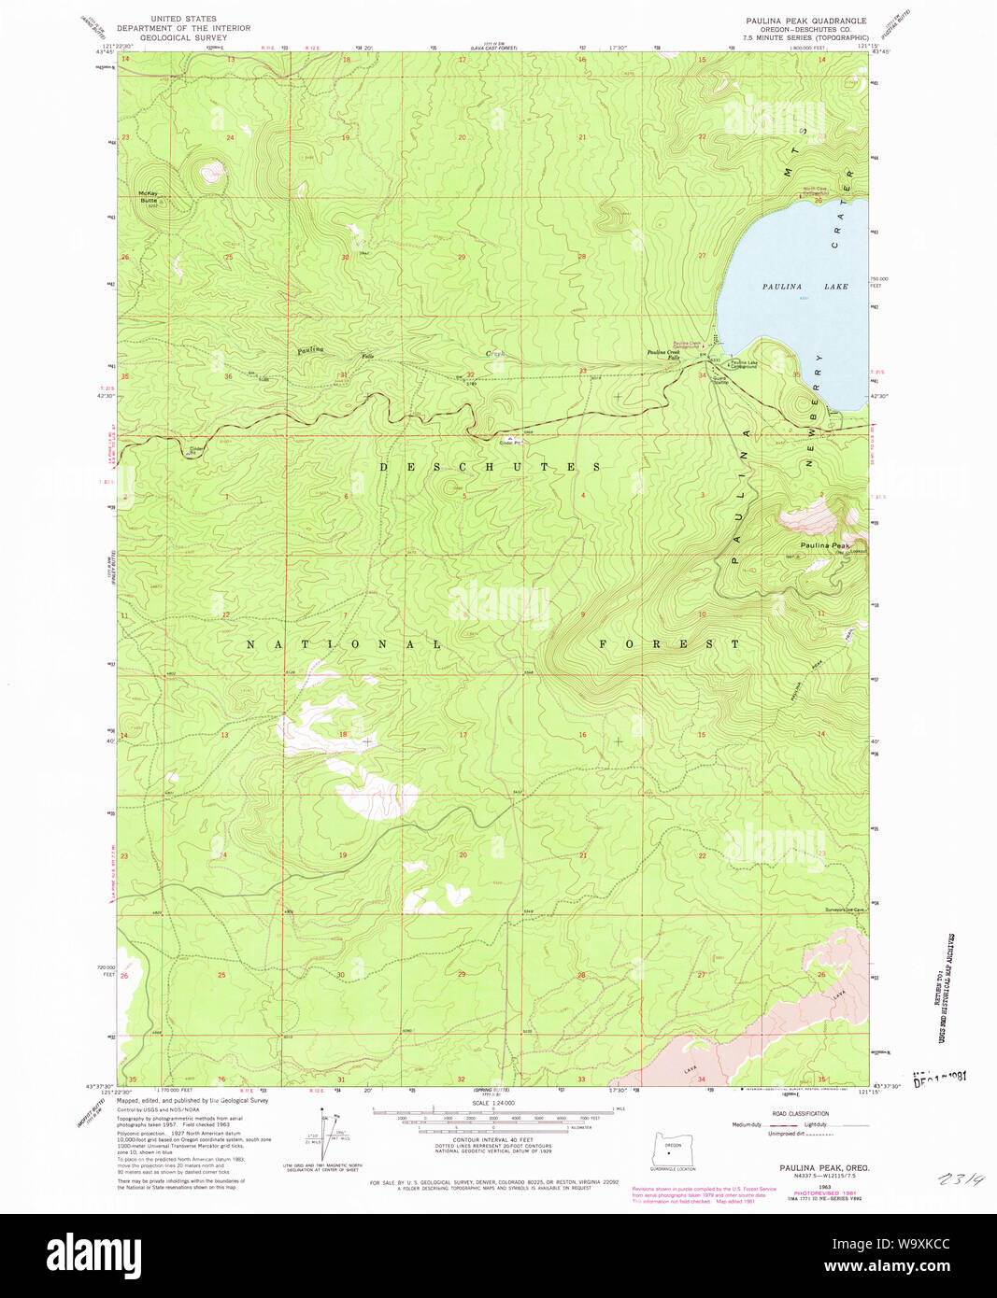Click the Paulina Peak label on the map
[x=824, y=545]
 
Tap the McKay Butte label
[x=149, y=197]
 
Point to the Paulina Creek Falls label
[x=662, y=355]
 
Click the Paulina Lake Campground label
[x=745, y=364]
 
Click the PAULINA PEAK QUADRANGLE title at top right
[x=805, y=21]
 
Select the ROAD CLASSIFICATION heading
[x=801, y=1113]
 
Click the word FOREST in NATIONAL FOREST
[x=669, y=644]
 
